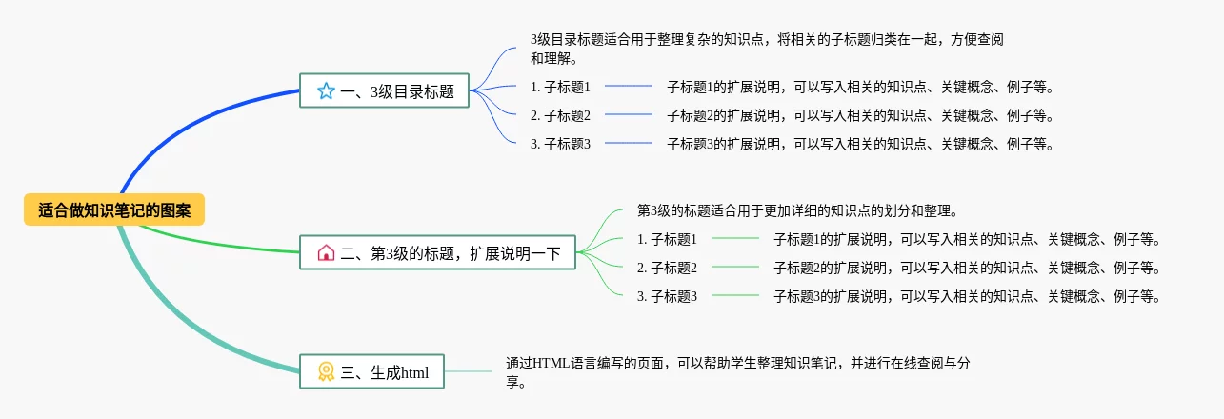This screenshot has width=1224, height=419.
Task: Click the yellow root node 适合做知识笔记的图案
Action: (x=114, y=210)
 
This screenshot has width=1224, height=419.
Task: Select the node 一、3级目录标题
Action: (x=385, y=91)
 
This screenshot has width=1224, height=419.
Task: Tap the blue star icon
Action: (x=326, y=91)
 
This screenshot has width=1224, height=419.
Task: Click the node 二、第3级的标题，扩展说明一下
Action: (x=438, y=253)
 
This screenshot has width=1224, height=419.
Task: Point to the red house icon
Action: (x=326, y=253)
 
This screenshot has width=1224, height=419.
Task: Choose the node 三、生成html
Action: (x=372, y=372)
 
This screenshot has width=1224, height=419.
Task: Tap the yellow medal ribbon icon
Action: (x=326, y=372)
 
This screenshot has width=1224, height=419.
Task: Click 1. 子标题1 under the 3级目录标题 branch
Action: (x=560, y=87)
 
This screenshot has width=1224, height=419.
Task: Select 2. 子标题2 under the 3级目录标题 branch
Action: (x=560, y=115)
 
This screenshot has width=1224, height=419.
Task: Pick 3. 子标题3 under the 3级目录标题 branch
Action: (x=560, y=144)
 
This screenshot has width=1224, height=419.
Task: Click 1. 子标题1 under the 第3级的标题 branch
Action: (x=667, y=239)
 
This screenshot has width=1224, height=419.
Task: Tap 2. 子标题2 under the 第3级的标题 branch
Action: (x=667, y=268)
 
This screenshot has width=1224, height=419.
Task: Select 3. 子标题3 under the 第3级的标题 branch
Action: (x=667, y=296)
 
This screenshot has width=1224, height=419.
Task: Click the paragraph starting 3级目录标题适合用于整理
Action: (x=766, y=49)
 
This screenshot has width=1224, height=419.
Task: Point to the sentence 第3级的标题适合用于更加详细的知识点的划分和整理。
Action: (x=796, y=210)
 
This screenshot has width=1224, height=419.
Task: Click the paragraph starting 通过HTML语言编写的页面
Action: (x=738, y=372)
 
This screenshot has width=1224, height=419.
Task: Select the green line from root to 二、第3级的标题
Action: (x=238, y=244)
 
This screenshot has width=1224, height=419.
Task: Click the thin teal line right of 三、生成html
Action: (x=467, y=371)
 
